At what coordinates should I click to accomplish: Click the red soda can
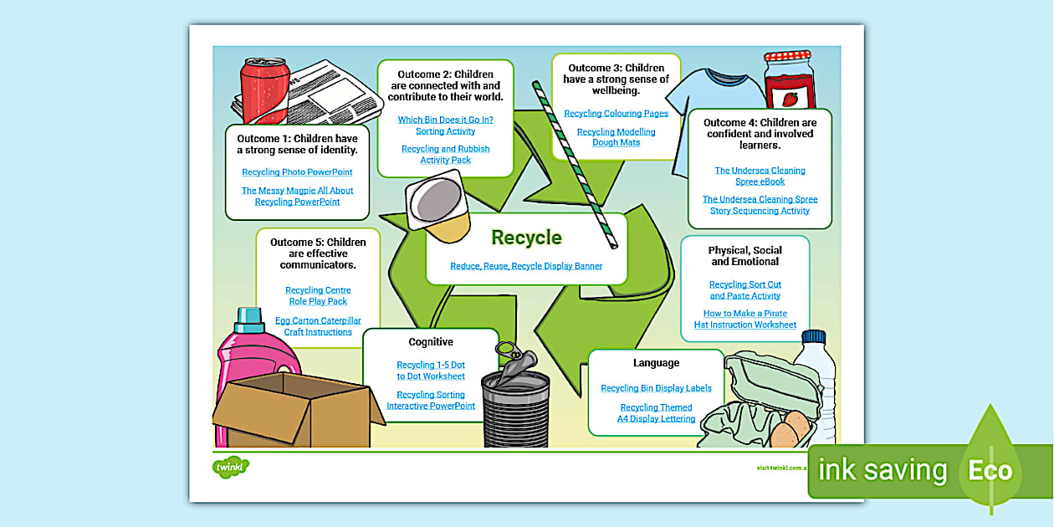tap(263, 92)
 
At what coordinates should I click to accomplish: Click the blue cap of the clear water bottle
tap(814, 337)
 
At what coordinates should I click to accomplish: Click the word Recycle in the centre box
tap(526, 238)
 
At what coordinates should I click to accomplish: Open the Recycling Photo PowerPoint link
tap(297, 172)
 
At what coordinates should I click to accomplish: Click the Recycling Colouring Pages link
tap(616, 114)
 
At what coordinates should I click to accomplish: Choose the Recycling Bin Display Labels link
tap(656, 388)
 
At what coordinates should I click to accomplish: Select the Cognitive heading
tap(431, 342)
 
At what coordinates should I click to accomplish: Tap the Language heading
tap(656, 363)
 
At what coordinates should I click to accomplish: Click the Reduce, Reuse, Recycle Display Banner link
tap(526, 267)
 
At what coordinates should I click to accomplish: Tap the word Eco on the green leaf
tap(990, 470)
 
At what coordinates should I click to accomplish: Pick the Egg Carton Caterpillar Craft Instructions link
tap(318, 326)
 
